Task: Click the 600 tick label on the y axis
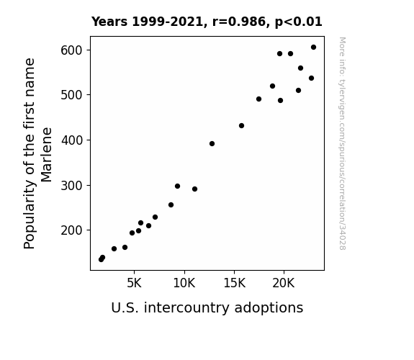(71, 50)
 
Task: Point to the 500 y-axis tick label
(71, 95)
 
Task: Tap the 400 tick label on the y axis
(71, 140)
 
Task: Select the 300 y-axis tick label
(71, 186)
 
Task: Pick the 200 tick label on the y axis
(71, 230)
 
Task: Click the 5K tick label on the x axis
(134, 283)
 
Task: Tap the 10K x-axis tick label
(184, 283)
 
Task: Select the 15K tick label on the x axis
(234, 283)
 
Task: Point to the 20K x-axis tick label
(284, 283)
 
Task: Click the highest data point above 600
(313, 48)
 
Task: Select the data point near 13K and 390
(212, 144)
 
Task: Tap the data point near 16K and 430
(241, 126)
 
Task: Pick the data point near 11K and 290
(194, 189)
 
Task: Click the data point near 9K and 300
(177, 186)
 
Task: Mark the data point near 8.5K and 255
(171, 205)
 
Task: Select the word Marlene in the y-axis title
(47, 155)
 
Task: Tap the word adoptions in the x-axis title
(269, 307)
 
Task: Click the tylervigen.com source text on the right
(342, 143)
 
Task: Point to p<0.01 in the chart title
(299, 22)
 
